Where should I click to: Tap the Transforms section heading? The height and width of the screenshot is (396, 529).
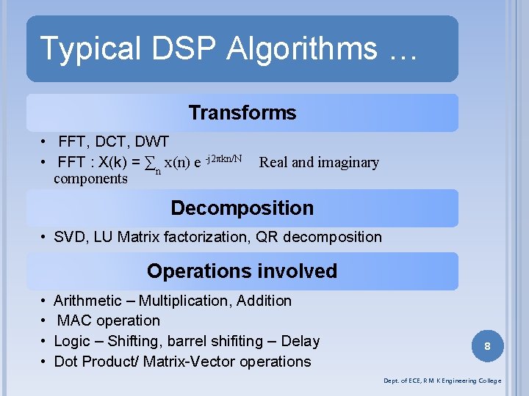[242, 112]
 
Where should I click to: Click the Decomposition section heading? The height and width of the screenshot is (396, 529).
[242, 208]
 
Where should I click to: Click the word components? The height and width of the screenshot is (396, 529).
[90, 178]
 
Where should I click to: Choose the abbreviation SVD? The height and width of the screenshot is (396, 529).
[70, 237]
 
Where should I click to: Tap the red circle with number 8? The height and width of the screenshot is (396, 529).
[488, 345]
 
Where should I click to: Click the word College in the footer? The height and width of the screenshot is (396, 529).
[488, 381]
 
